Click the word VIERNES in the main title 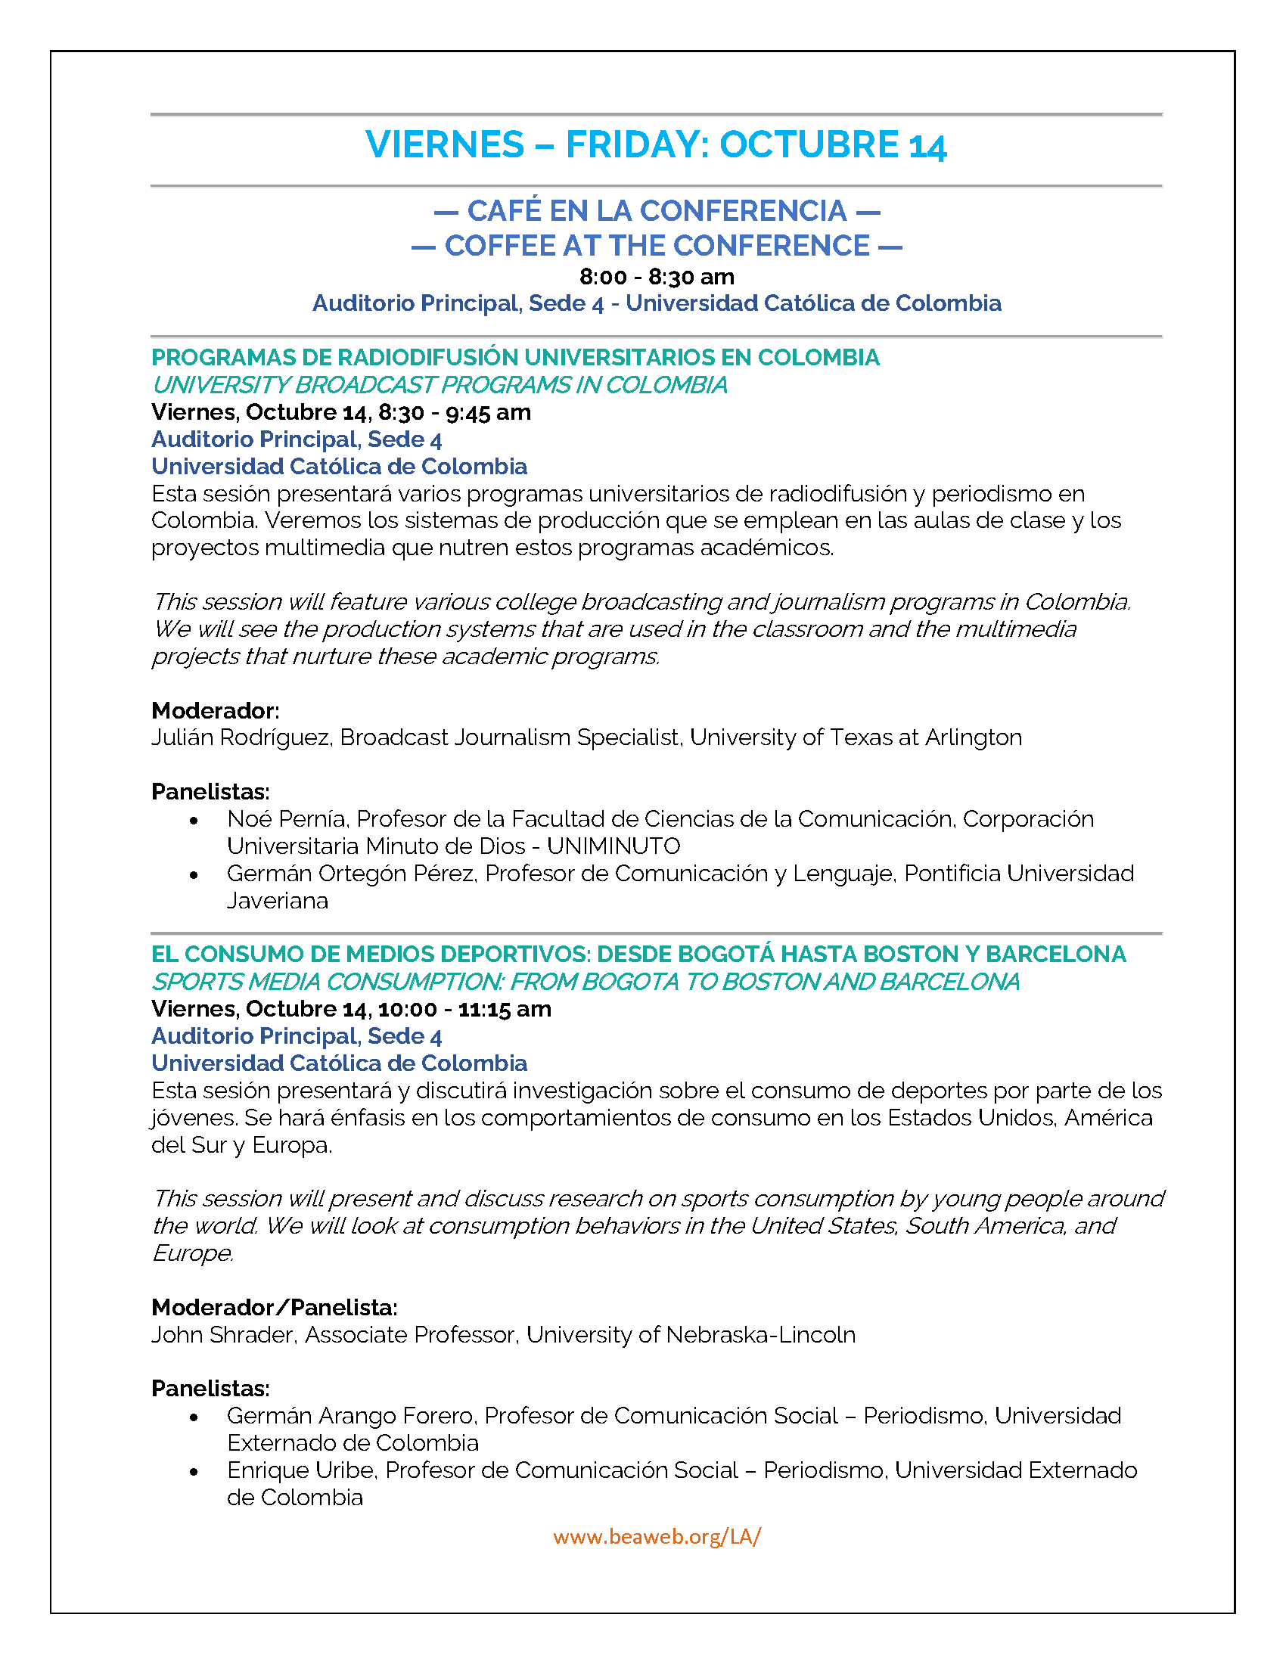coord(445,144)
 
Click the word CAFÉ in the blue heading coord(503,210)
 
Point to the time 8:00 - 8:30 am coord(657,277)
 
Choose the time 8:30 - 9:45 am coord(454,412)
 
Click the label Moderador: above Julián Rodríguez coord(216,710)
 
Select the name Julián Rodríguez coord(241,737)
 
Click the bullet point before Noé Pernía coord(194,821)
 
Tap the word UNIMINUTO coord(613,846)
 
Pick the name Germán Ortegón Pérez coord(351,873)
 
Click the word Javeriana coord(278,901)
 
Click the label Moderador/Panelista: coord(275,1308)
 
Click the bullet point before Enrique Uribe coord(194,1472)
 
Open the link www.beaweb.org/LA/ coord(657,1537)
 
